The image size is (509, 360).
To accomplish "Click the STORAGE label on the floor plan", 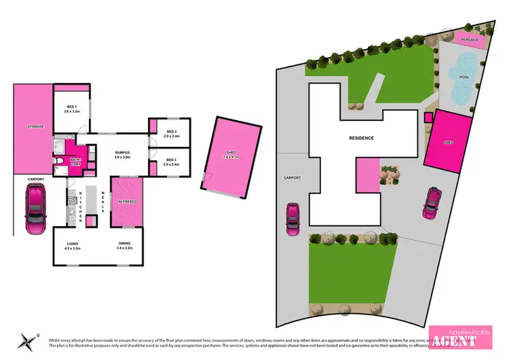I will [35, 126].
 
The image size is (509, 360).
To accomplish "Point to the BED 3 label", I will [170, 161].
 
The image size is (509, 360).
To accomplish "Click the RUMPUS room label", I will [122, 152].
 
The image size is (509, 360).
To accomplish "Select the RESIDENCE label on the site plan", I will [361, 138].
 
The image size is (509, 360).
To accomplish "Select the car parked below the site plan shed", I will [432, 202].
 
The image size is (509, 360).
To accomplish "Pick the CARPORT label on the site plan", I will [292, 178].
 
